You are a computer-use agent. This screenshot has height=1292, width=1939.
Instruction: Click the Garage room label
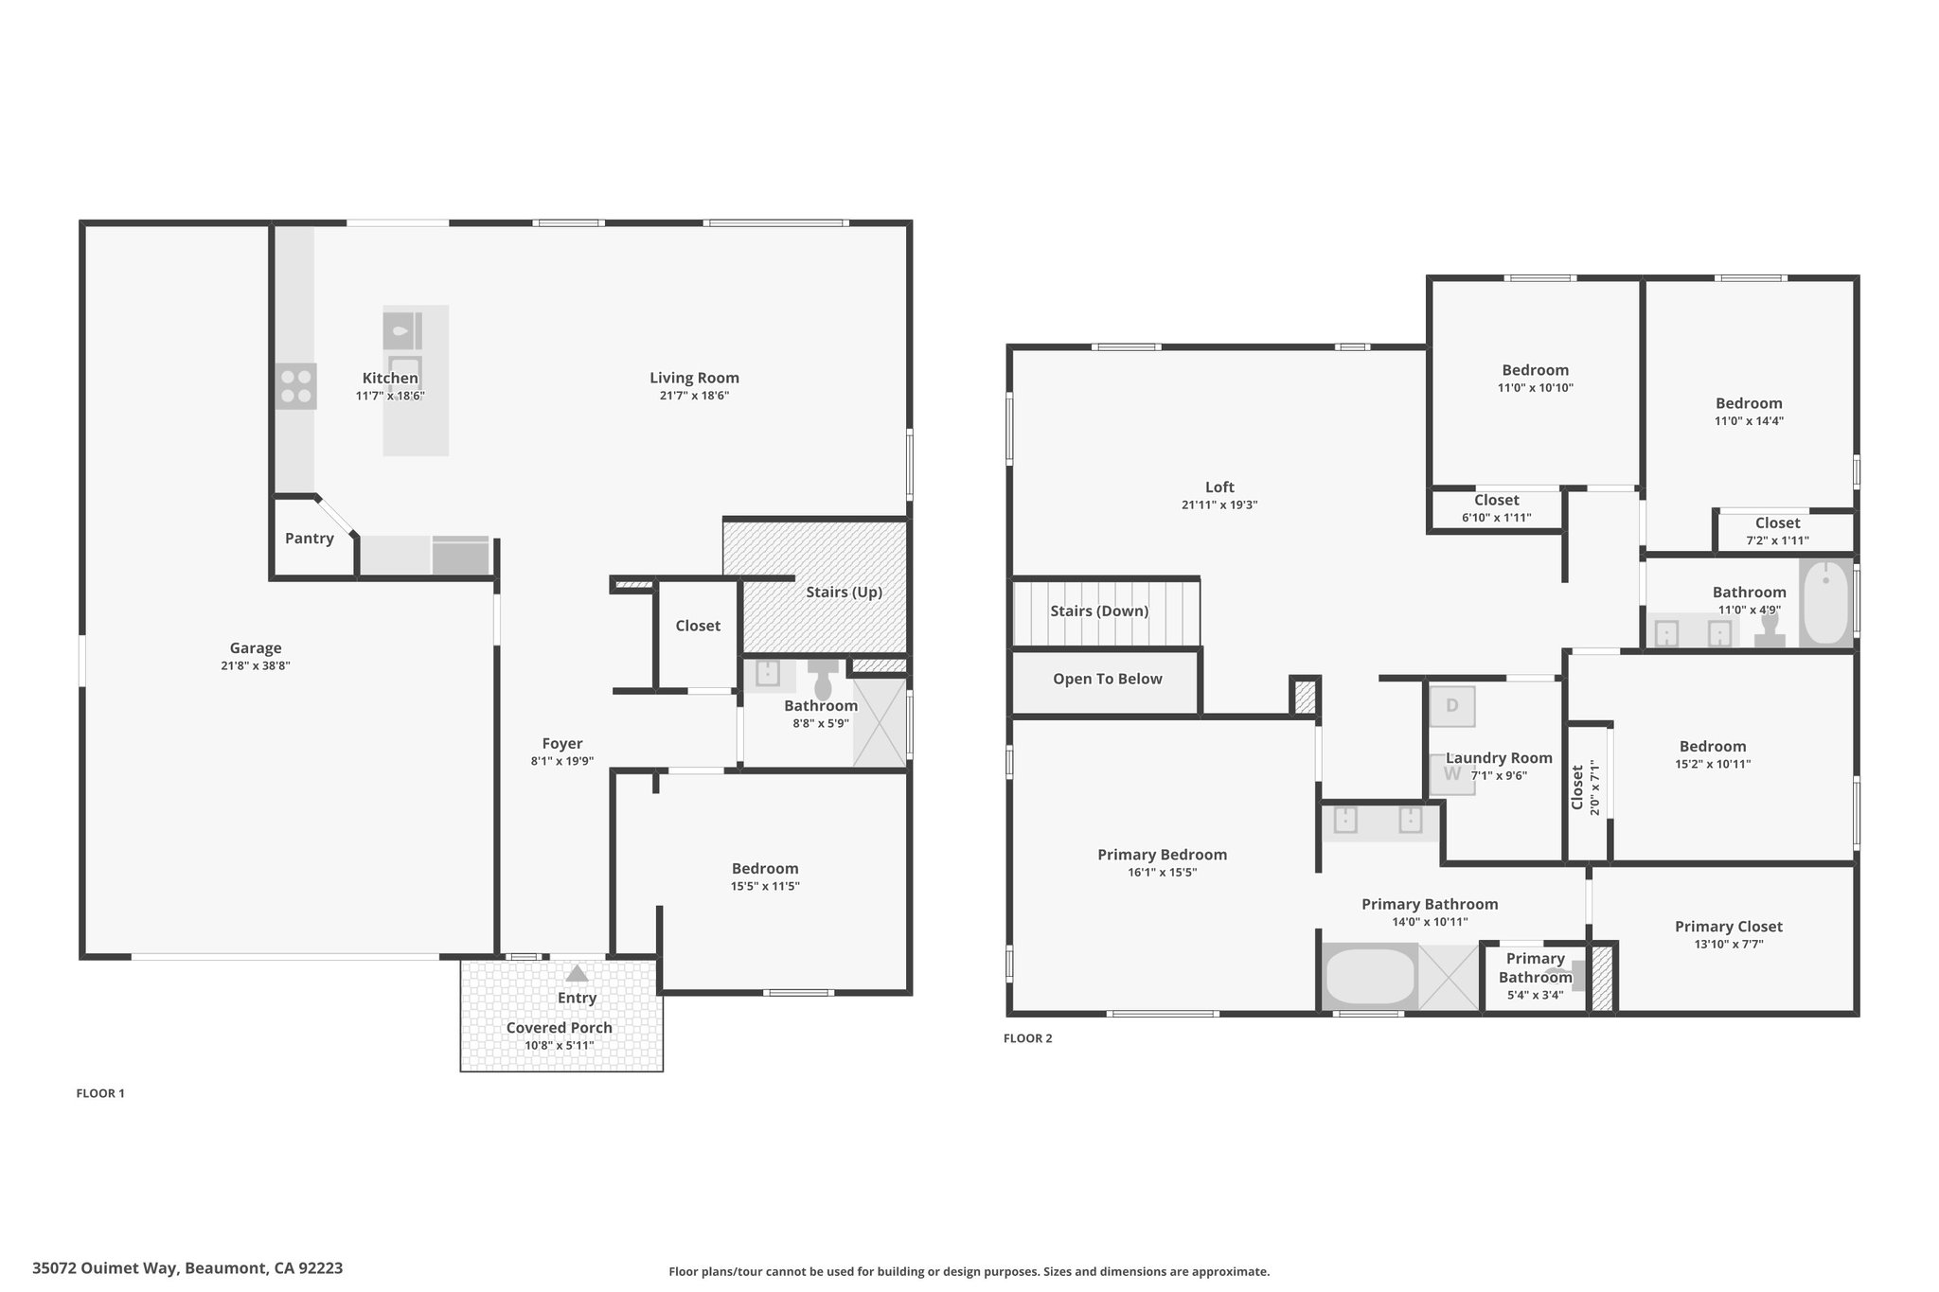[256, 648]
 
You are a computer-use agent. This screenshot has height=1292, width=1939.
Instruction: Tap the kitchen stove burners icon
[296, 386]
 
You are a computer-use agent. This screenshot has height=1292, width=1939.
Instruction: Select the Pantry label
[310, 539]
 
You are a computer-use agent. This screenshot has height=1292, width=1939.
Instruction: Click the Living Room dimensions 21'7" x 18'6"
[694, 396]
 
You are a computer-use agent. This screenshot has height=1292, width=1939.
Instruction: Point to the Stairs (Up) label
[844, 593]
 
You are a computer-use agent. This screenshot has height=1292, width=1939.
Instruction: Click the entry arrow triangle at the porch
[577, 973]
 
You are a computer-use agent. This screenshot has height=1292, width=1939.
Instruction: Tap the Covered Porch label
[560, 1028]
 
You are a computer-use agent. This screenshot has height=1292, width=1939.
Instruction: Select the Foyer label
[562, 744]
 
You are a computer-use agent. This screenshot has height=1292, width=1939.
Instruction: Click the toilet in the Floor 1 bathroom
[822, 678]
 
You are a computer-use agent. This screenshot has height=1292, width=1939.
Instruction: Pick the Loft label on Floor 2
[1219, 488]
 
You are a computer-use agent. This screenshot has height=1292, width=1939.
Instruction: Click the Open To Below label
[1108, 680]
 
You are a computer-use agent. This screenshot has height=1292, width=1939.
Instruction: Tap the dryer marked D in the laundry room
[1451, 706]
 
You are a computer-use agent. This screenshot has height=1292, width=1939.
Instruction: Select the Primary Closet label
[1729, 928]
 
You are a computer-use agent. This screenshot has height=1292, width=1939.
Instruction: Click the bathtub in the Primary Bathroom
[1369, 977]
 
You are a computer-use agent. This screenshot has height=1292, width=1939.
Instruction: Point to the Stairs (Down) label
[1099, 611]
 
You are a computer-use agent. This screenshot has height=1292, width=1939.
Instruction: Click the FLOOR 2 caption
[1028, 1038]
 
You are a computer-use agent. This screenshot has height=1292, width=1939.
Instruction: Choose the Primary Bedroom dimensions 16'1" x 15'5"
[1163, 873]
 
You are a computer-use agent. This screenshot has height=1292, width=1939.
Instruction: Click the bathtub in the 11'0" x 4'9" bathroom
[1824, 603]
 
